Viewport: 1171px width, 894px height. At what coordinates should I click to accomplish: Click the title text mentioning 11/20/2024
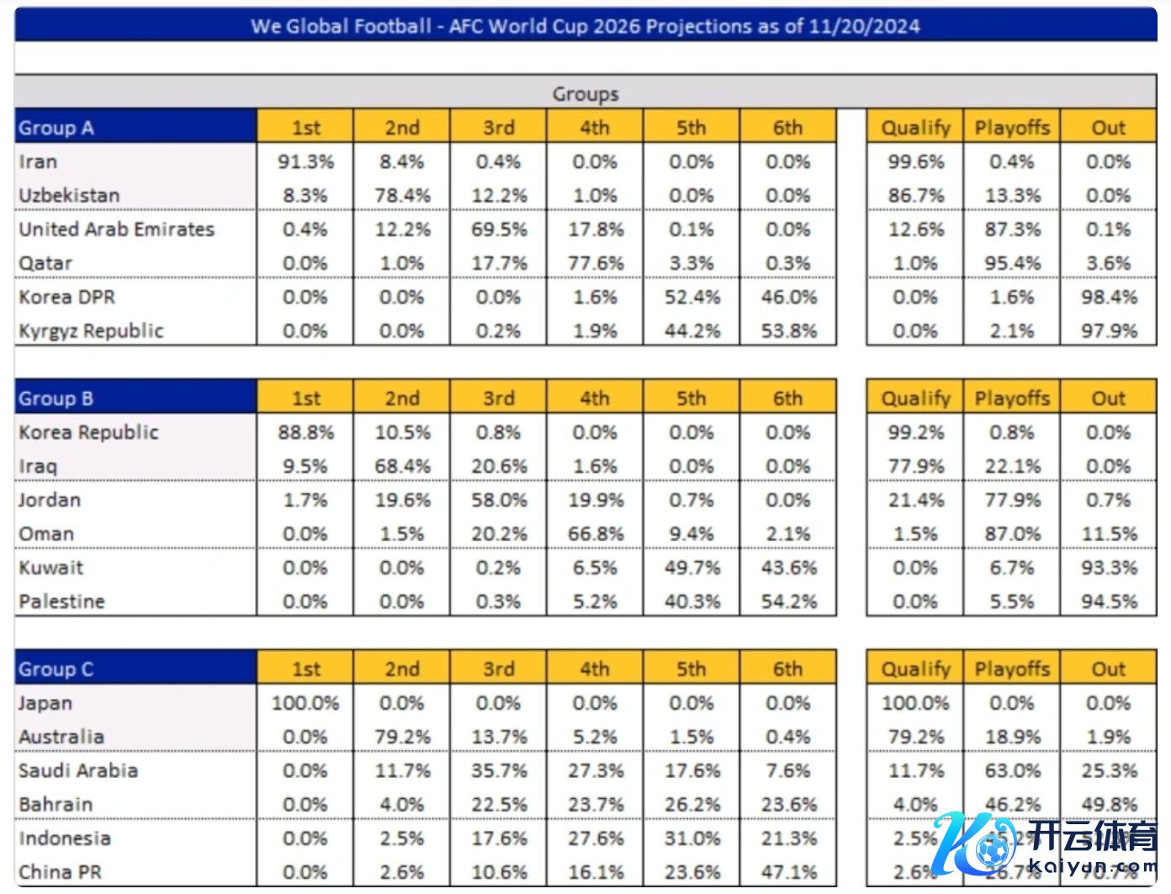[x=585, y=26]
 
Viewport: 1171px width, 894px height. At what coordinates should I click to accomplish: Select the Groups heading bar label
[x=585, y=94]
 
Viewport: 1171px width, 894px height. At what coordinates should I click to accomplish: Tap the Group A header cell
[x=56, y=128]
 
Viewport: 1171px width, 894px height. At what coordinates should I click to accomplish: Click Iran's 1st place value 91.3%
[x=305, y=161]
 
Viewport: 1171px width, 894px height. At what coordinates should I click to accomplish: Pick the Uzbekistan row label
[x=69, y=195]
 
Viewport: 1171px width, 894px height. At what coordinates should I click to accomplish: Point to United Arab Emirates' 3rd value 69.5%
[x=499, y=230]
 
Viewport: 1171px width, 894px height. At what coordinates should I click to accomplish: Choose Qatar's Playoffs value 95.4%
[x=1012, y=263]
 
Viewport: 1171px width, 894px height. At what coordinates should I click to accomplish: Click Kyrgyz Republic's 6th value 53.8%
[x=788, y=331]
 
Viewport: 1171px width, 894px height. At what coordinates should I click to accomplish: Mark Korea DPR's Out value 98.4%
[x=1109, y=297]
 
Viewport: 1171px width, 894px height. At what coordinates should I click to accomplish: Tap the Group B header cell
[x=56, y=399]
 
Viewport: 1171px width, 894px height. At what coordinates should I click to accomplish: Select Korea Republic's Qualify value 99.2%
[x=915, y=432]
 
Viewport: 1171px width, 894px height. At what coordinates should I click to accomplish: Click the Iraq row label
[x=40, y=467]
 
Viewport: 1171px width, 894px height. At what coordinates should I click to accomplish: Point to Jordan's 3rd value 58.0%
[x=499, y=500]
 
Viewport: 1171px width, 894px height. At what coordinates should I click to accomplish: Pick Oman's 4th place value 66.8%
[x=596, y=534]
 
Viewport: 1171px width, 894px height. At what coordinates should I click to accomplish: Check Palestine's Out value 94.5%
[x=1109, y=602]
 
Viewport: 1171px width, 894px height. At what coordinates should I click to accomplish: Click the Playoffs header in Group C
[x=1012, y=669]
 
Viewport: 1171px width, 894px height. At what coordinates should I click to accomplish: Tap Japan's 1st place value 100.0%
[x=305, y=703]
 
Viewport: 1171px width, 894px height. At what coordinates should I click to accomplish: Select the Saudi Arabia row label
[x=78, y=770]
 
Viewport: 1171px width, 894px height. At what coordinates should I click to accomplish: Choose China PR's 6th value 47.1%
[x=788, y=872]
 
